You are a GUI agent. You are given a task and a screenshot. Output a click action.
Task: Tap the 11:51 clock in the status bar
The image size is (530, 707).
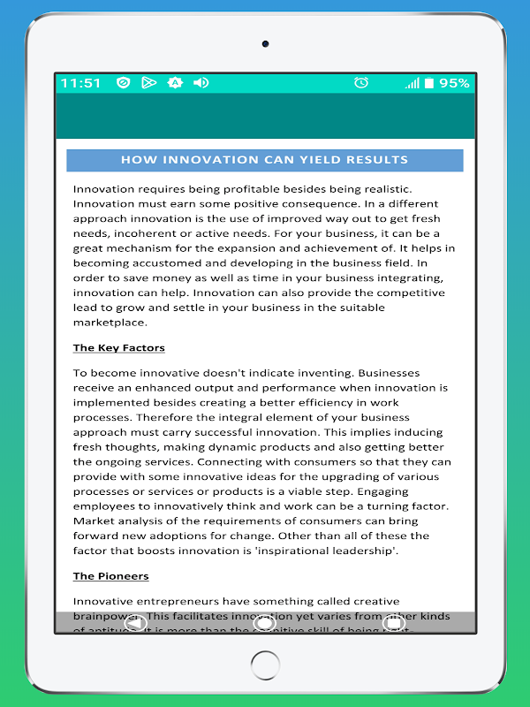(80, 83)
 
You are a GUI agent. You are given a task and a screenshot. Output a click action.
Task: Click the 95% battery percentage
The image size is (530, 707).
(454, 83)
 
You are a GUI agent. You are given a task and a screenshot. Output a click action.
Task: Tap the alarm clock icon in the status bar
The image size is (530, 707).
(361, 83)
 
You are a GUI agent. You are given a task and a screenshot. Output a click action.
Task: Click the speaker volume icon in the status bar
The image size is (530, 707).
(201, 83)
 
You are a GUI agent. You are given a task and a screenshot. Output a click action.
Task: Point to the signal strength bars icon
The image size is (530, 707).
(412, 83)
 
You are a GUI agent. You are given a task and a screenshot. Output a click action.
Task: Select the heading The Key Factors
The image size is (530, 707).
(118, 348)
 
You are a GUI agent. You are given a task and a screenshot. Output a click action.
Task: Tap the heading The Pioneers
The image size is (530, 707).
(110, 576)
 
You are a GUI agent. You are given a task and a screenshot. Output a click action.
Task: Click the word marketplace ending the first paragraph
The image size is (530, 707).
(109, 323)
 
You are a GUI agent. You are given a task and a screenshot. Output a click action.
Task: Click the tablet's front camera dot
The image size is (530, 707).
(265, 43)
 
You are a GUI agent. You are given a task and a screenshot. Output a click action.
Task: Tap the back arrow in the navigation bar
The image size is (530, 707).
(135, 623)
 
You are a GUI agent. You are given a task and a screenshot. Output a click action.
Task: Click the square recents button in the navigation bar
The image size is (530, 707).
(394, 623)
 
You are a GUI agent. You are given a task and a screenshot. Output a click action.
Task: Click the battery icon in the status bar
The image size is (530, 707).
(428, 83)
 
